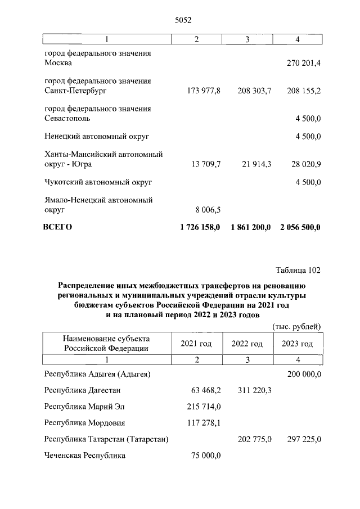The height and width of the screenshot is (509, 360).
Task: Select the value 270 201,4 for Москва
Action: (304, 64)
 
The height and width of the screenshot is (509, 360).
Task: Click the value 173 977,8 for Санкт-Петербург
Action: (200, 91)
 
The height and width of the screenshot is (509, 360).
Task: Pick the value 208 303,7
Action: (251, 91)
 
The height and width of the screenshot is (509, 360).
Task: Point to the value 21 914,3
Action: (253, 164)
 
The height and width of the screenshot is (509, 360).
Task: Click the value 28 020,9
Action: (304, 164)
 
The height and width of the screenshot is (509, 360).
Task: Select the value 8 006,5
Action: (208, 210)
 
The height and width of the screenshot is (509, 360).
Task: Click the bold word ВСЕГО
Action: (58, 227)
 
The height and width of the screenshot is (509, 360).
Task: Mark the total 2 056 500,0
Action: (300, 227)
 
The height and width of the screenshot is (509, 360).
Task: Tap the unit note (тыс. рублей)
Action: (296, 326)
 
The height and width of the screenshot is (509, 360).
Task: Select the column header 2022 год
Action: (246, 344)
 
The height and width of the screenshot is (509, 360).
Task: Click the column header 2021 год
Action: (196, 344)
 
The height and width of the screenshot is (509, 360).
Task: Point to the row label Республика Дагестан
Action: (82, 390)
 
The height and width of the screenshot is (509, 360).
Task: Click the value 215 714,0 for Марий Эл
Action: (204, 406)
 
